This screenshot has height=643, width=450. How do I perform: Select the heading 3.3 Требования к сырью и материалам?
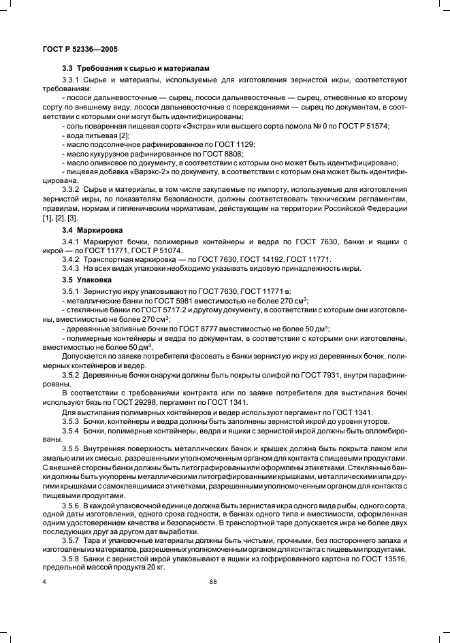coord(136,69)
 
